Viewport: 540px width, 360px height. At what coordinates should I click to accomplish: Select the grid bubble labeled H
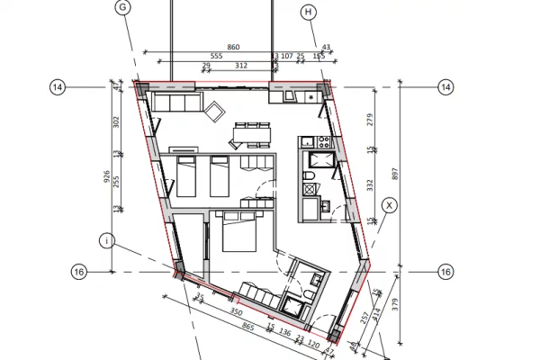point(309,12)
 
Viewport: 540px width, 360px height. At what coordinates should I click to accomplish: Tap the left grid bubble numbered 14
point(58,87)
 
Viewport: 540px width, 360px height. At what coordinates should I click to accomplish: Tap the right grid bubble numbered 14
point(445,87)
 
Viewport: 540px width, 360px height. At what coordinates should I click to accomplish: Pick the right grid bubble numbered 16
point(445,272)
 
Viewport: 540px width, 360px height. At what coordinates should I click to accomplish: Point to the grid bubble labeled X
point(389,205)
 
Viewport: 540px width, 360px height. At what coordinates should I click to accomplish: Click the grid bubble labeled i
point(107,240)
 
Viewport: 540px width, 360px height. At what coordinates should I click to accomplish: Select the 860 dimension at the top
point(233,46)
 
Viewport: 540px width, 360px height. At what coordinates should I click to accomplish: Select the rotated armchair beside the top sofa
point(216,112)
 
